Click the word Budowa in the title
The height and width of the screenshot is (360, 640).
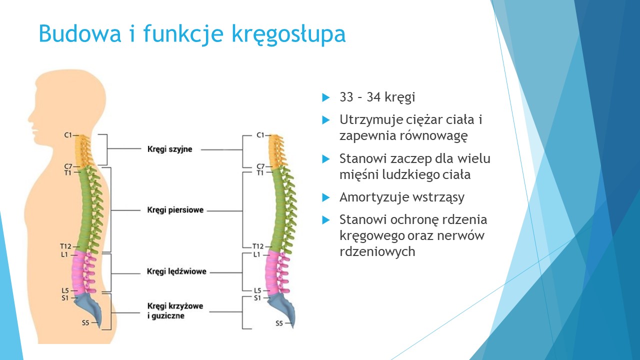[x=80, y=33]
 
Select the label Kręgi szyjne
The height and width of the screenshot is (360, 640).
[x=169, y=149]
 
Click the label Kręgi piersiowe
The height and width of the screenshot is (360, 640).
[x=175, y=210]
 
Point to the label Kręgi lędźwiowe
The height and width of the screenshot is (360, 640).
[x=176, y=271]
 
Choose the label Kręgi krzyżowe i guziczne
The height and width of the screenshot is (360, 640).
[x=175, y=311]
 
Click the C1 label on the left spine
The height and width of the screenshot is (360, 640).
[x=68, y=135]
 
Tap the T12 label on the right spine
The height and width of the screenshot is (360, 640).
[x=258, y=246]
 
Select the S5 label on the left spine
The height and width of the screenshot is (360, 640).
[x=85, y=322]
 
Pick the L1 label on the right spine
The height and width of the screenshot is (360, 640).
[x=257, y=254]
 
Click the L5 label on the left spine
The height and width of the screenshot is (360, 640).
[x=65, y=290]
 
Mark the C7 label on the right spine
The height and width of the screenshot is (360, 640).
[x=260, y=166]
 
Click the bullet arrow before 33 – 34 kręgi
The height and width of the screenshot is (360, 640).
[x=325, y=97]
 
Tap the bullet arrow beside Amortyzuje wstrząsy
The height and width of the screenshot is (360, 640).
[x=325, y=197]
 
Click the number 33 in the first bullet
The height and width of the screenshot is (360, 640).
[x=346, y=97]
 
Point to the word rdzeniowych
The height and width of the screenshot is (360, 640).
[x=377, y=252]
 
